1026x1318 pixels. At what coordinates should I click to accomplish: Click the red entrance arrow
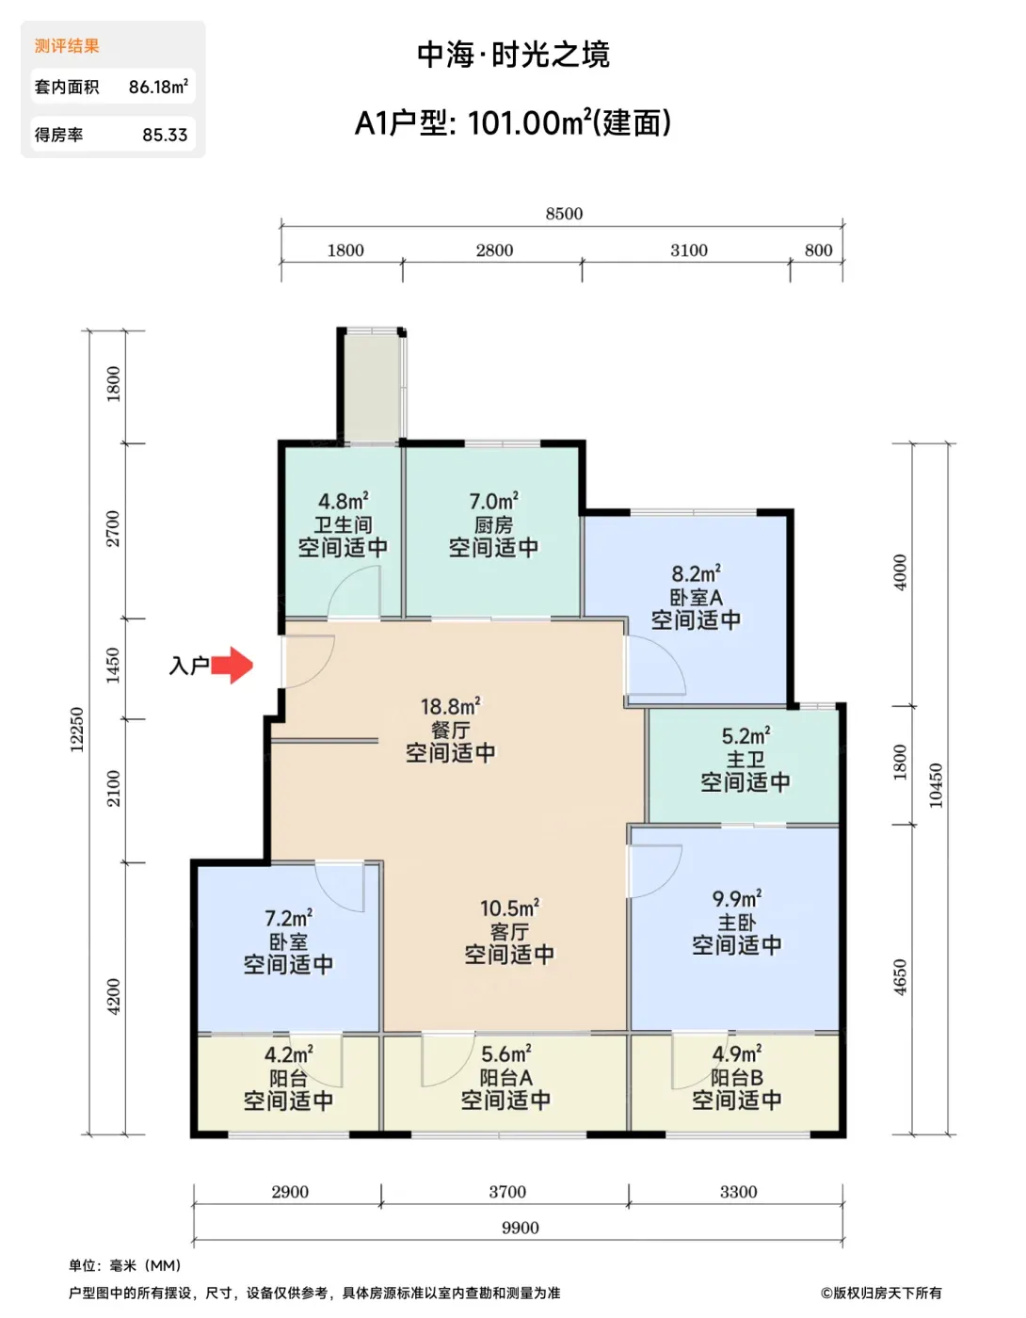[x=231, y=666]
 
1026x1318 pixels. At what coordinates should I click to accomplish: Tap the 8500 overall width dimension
[x=563, y=214]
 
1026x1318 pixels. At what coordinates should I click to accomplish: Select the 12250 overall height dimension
[x=77, y=730]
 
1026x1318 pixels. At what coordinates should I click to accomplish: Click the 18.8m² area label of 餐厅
[x=451, y=707]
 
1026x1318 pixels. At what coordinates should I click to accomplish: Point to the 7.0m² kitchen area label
[x=493, y=501]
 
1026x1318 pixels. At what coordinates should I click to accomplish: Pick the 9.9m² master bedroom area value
[x=737, y=898]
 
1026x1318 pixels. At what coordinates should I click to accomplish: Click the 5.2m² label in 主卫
[x=745, y=736]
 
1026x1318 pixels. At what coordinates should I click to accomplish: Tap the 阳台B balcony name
[x=737, y=1077]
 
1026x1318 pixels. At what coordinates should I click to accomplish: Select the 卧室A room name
[x=697, y=597]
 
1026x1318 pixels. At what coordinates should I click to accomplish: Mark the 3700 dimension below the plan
[x=507, y=1192]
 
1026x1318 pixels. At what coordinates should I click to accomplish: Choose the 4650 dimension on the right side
[x=900, y=977]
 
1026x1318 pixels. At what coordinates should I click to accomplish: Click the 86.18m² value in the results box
[x=158, y=87]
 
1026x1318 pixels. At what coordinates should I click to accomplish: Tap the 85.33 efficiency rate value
[x=165, y=135]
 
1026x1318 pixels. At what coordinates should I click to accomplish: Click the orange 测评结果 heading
[x=67, y=46]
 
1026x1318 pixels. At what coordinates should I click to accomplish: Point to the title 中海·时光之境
[x=513, y=55]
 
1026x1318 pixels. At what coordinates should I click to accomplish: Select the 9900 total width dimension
[x=520, y=1228]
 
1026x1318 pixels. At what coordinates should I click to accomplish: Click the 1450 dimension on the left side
[x=113, y=666]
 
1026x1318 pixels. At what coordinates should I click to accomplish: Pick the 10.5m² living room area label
[x=509, y=908]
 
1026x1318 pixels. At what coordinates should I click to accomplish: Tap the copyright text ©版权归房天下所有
[x=881, y=1294]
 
